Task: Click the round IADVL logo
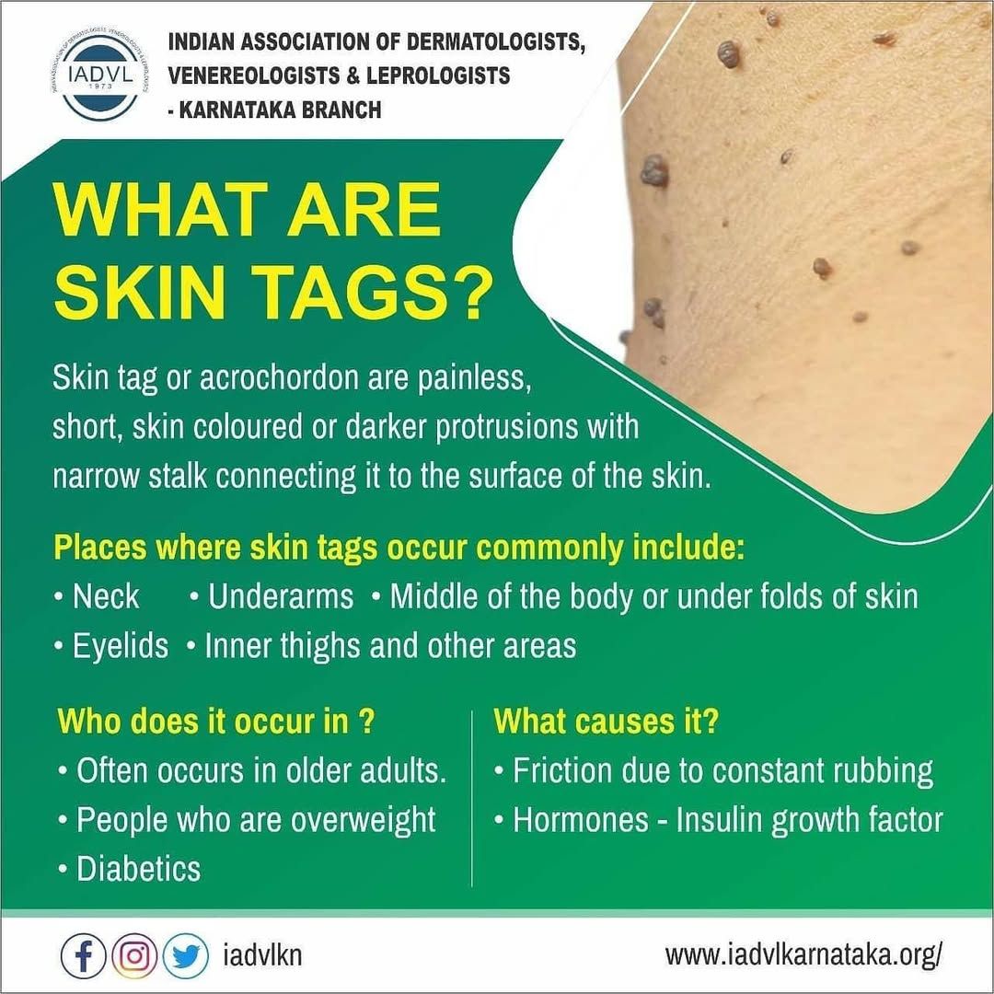click(101, 75)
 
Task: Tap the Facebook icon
click(83, 956)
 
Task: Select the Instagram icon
click(134, 956)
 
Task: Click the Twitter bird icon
click(186, 956)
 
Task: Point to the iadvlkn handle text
click(262, 955)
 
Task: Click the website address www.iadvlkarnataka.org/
click(803, 954)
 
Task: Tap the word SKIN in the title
click(140, 292)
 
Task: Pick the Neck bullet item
click(97, 596)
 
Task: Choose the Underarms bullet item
click(272, 596)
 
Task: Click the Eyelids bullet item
click(111, 646)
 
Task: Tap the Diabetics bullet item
click(130, 869)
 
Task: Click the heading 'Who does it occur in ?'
click(216, 722)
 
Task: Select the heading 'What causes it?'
click(606, 722)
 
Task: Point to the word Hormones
click(581, 820)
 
